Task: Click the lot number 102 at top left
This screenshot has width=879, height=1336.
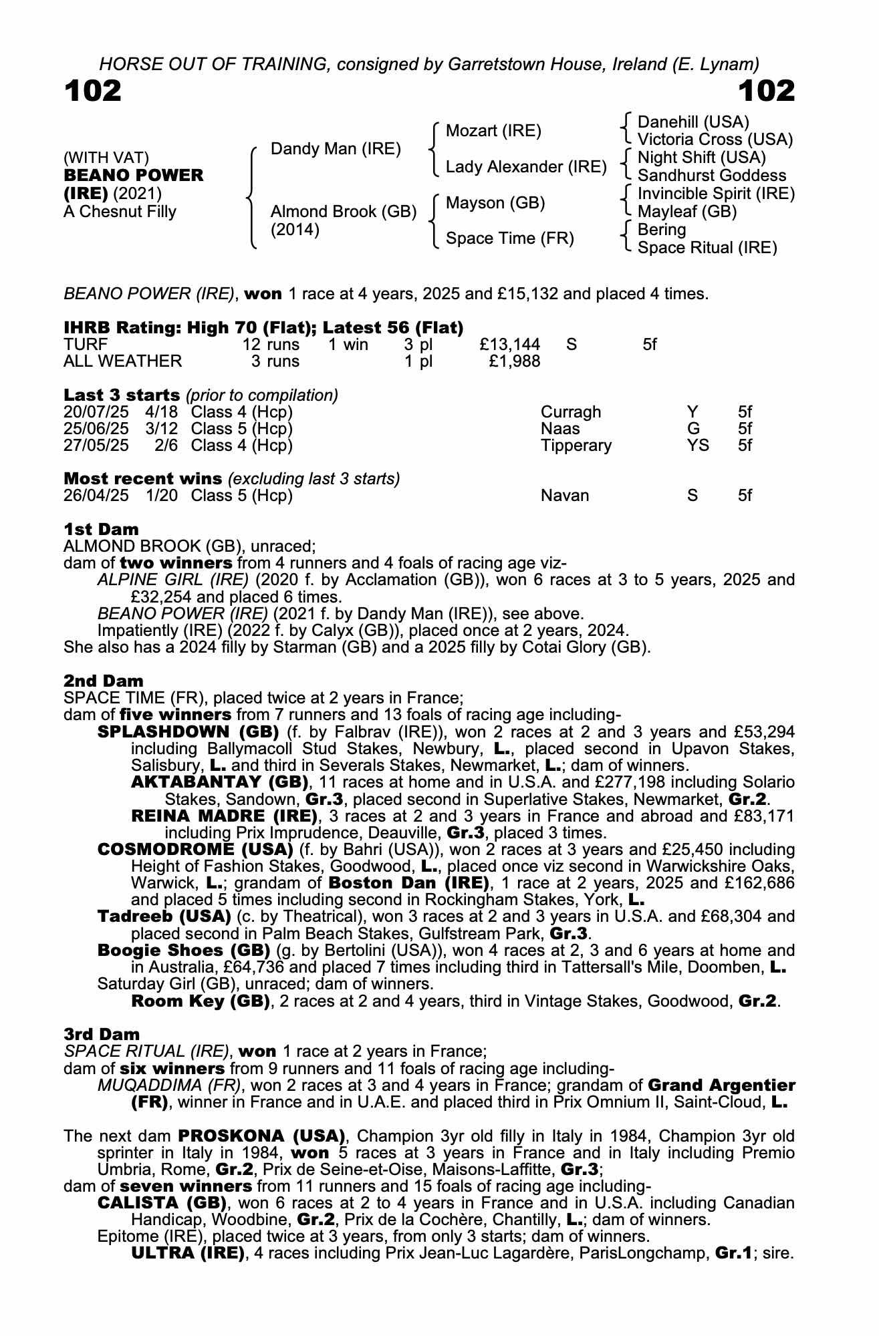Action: [x=93, y=91]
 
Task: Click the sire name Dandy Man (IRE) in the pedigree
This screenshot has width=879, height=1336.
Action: [x=336, y=149]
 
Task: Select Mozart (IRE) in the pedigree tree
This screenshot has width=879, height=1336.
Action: [x=493, y=131]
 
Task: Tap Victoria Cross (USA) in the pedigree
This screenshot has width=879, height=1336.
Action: [x=715, y=140]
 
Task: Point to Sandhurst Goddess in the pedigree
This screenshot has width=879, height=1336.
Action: [x=712, y=176]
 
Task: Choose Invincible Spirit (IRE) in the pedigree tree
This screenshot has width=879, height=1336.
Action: [x=716, y=194]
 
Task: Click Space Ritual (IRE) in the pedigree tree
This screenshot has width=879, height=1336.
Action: [x=707, y=248]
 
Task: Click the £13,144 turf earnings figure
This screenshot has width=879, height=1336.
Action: [x=509, y=345]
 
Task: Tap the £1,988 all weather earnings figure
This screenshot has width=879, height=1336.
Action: [x=514, y=361]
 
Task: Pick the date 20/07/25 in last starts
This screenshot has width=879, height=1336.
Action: [x=96, y=412]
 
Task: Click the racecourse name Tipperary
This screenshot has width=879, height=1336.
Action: [x=576, y=446]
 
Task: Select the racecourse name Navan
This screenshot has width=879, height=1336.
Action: [x=565, y=496]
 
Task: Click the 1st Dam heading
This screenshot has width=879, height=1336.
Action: [x=101, y=529]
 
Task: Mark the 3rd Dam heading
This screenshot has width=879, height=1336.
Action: [x=102, y=1035]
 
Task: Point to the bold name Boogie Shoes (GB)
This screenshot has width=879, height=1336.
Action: [x=183, y=950]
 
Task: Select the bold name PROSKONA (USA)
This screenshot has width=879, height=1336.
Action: [x=261, y=1136]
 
